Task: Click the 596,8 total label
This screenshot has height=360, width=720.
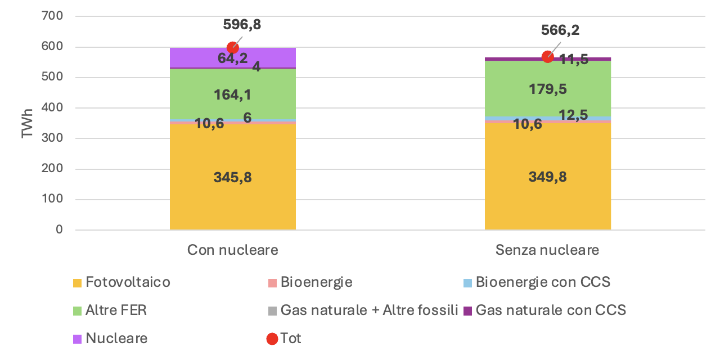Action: click(x=242, y=25)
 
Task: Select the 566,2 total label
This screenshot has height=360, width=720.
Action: click(x=560, y=30)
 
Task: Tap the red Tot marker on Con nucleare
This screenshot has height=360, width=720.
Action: click(x=233, y=48)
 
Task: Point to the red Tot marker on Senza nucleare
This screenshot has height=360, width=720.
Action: click(x=547, y=57)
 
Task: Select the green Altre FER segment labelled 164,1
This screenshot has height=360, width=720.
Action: click(x=232, y=94)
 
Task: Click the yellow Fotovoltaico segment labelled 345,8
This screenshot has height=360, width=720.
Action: click(x=232, y=178)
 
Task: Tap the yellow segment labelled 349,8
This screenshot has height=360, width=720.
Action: click(x=547, y=178)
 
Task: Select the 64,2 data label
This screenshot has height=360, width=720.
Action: click(x=233, y=58)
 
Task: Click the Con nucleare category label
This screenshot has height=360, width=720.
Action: click(x=232, y=250)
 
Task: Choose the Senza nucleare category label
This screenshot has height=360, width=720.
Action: click(x=547, y=250)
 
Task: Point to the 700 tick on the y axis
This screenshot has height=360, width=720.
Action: click(x=51, y=16)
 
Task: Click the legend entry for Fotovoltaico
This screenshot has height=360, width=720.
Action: click(x=128, y=282)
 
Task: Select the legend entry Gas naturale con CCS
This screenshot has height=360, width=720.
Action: click(x=550, y=310)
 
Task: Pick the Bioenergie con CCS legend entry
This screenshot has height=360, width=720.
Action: click(x=542, y=282)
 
